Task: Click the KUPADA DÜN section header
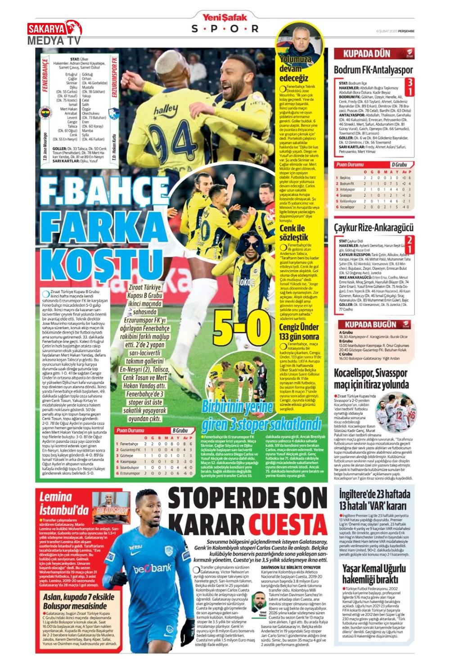pyautogui.click(x=366, y=54)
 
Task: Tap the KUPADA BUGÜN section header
pyautogui.click(x=370, y=324)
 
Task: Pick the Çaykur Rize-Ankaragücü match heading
pyautogui.click(x=373, y=227)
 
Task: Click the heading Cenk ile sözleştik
pyautogui.click(x=293, y=232)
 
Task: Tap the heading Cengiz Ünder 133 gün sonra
pyautogui.click(x=299, y=331)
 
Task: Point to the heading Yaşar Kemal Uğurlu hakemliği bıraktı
pyautogui.click(x=373, y=574)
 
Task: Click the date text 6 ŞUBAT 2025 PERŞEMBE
pyautogui.click(x=395, y=31)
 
